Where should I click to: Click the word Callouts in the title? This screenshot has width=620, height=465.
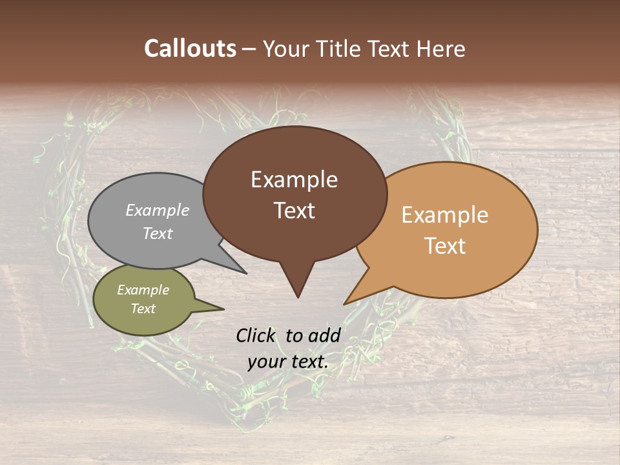click(190, 48)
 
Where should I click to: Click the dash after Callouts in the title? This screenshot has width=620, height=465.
click(249, 49)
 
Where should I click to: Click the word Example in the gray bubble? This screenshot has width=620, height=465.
click(157, 210)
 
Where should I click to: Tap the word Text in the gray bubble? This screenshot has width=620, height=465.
click(157, 233)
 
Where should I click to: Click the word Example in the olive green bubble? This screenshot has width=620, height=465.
click(143, 290)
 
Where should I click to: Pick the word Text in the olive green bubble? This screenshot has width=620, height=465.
click(143, 309)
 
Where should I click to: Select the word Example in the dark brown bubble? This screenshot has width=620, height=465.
click(294, 179)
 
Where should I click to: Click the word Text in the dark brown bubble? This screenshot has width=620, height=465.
click(294, 210)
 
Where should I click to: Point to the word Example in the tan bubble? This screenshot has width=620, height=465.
click(445, 214)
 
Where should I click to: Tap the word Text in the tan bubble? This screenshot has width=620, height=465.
click(445, 245)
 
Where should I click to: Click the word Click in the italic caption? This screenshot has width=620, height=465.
click(256, 335)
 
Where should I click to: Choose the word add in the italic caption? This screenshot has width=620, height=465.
click(325, 335)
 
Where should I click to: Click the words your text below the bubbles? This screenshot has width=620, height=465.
click(287, 362)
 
